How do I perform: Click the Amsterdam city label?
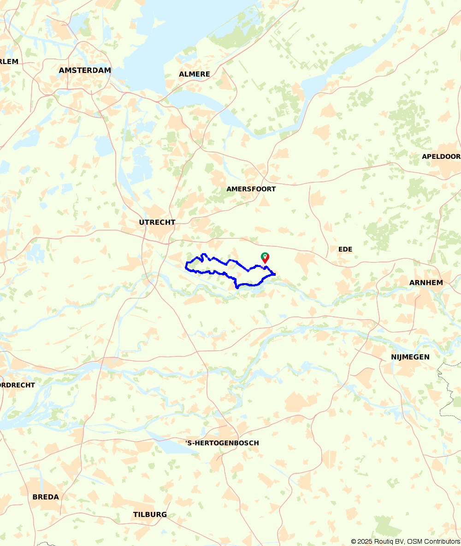85,70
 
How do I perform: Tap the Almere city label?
194,74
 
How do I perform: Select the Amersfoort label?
251,189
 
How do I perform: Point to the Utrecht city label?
157,222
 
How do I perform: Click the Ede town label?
345,249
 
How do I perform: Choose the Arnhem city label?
426,283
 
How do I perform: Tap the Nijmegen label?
410,357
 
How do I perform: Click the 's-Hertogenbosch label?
222,443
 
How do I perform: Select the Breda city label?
46,497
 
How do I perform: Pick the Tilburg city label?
150,515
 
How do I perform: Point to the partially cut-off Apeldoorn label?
441,157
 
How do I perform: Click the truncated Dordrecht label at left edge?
18,385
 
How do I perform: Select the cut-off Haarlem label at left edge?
9,62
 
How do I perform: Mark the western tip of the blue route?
186,266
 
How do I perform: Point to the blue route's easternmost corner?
275,274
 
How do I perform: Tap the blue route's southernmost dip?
236,288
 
